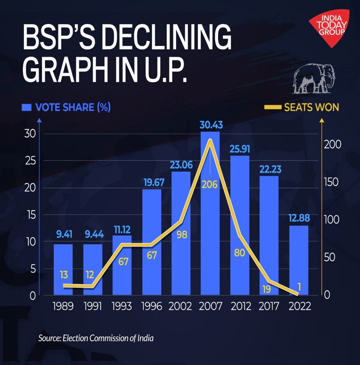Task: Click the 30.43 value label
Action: click(x=211, y=125)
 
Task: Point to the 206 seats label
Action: click(x=209, y=184)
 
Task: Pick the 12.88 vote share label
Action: click(x=299, y=218)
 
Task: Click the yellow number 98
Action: click(x=182, y=235)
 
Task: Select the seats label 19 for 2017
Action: click(x=266, y=289)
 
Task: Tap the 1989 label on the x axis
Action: click(x=63, y=306)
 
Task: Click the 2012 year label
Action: click(x=241, y=306)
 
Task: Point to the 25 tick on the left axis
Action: click(x=30, y=161)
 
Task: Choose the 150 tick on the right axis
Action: click(x=331, y=182)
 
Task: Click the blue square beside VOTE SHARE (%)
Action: click(x=26, y=107)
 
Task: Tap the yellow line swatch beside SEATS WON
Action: click(x=272, y=107)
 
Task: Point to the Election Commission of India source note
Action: click(x=96, y=338)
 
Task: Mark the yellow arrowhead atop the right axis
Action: click(x=322, y=120)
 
